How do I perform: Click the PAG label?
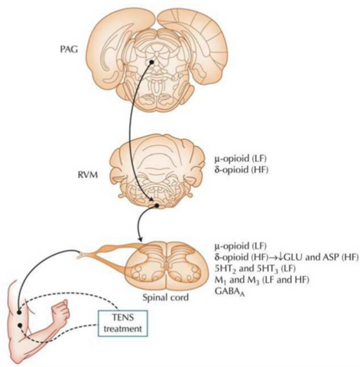click(x=69, y=49)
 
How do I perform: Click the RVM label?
click(x=88, y=175)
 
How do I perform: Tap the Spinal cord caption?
click(x=166, y=297)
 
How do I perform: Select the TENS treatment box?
click(x=123, y=323)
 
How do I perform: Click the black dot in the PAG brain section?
click(x=151, y=62)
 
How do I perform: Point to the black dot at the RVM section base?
click(x=157, y=205)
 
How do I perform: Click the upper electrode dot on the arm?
click(x=19, y=312)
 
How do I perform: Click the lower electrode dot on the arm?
click(x=20, y=325)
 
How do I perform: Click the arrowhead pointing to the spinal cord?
click(x=140, y=240)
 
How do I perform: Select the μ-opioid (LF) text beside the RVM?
click(x=241, y=159)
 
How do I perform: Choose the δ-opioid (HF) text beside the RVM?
click(x=241, y=170)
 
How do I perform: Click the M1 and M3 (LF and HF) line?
click(x=261, y=280)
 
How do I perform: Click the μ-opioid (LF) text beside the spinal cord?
click(x=241, y=246)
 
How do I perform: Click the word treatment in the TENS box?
click(x=123, y=329)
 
